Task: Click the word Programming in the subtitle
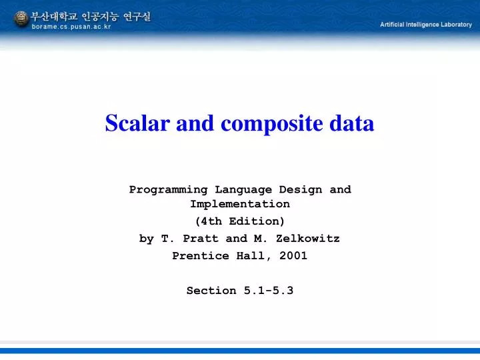point(169,189)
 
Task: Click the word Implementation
point(240,204)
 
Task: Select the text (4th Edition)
point(240,221)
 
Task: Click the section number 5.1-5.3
point(268,291)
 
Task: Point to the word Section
point(211,291)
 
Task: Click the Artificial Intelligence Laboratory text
point(425,25)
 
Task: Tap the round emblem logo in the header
point(21,19)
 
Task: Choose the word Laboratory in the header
point(455,25)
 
